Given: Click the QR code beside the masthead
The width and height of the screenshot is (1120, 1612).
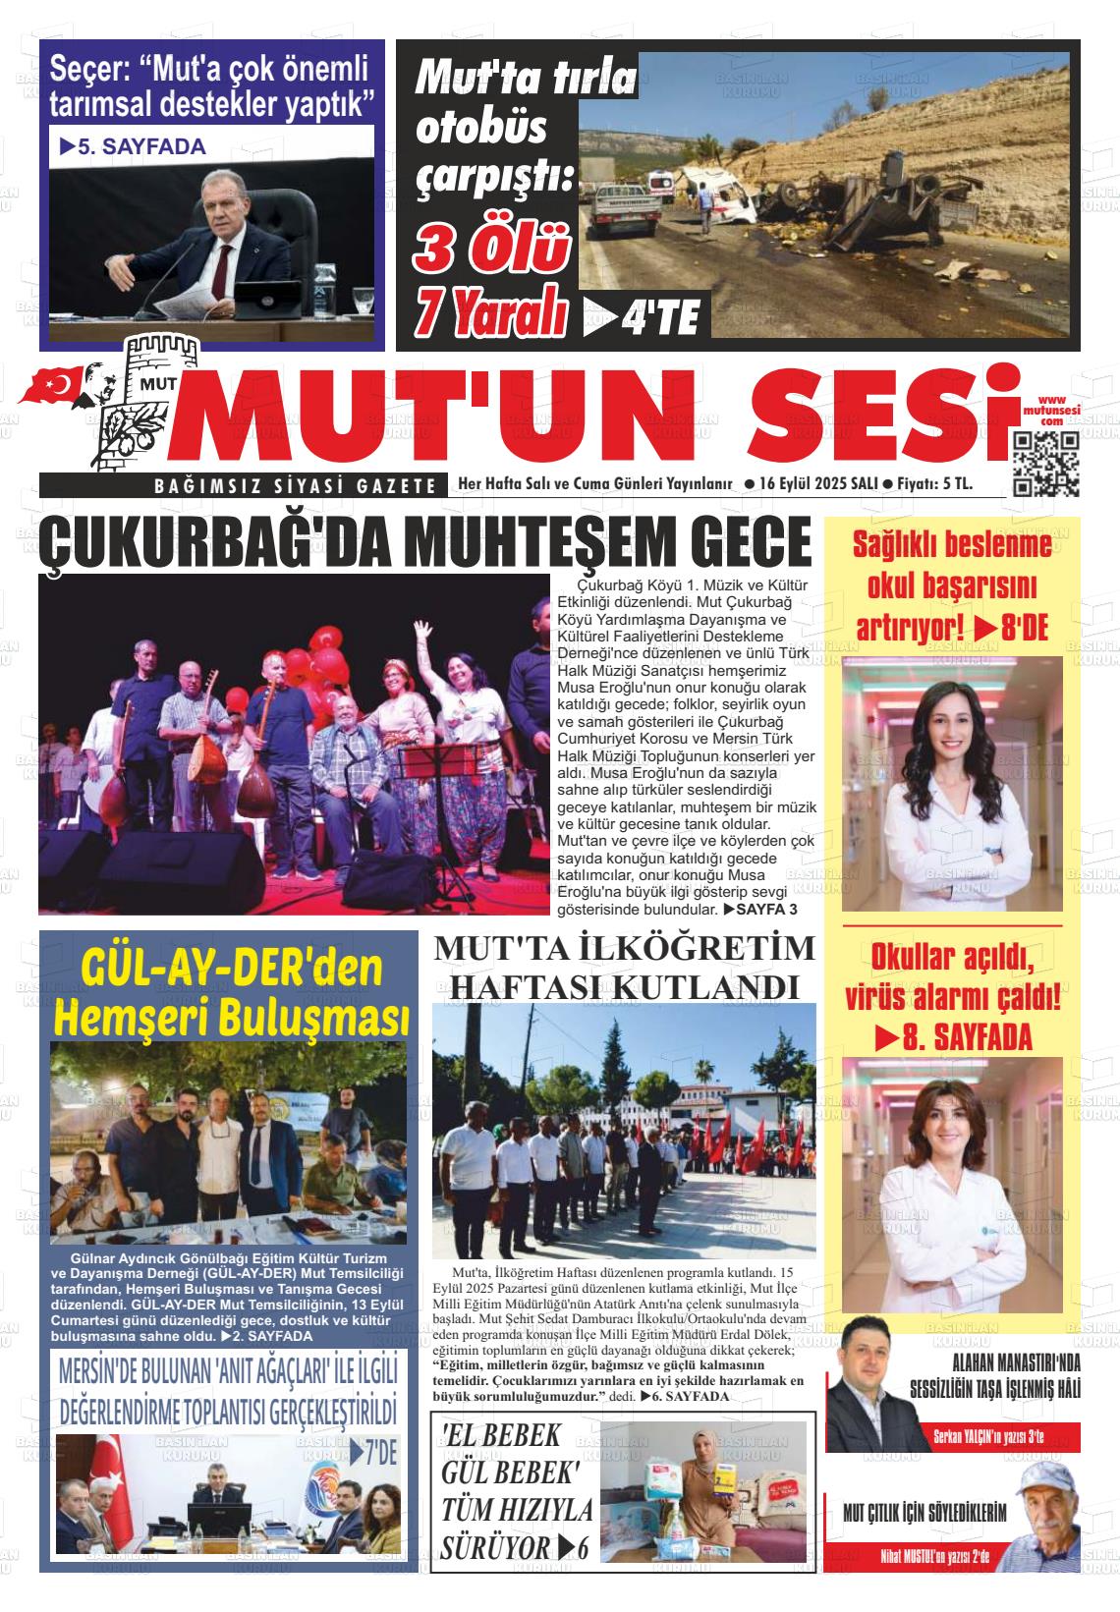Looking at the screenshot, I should pos(1045,463).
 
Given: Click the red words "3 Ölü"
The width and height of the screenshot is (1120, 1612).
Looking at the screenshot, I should pos(491,249).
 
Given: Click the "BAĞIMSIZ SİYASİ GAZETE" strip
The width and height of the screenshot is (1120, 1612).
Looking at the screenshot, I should pos(295,484).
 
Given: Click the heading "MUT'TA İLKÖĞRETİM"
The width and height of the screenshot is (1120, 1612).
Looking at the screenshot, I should pos(625,949).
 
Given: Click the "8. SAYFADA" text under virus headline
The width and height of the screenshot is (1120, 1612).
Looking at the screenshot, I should pos(953,1036).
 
